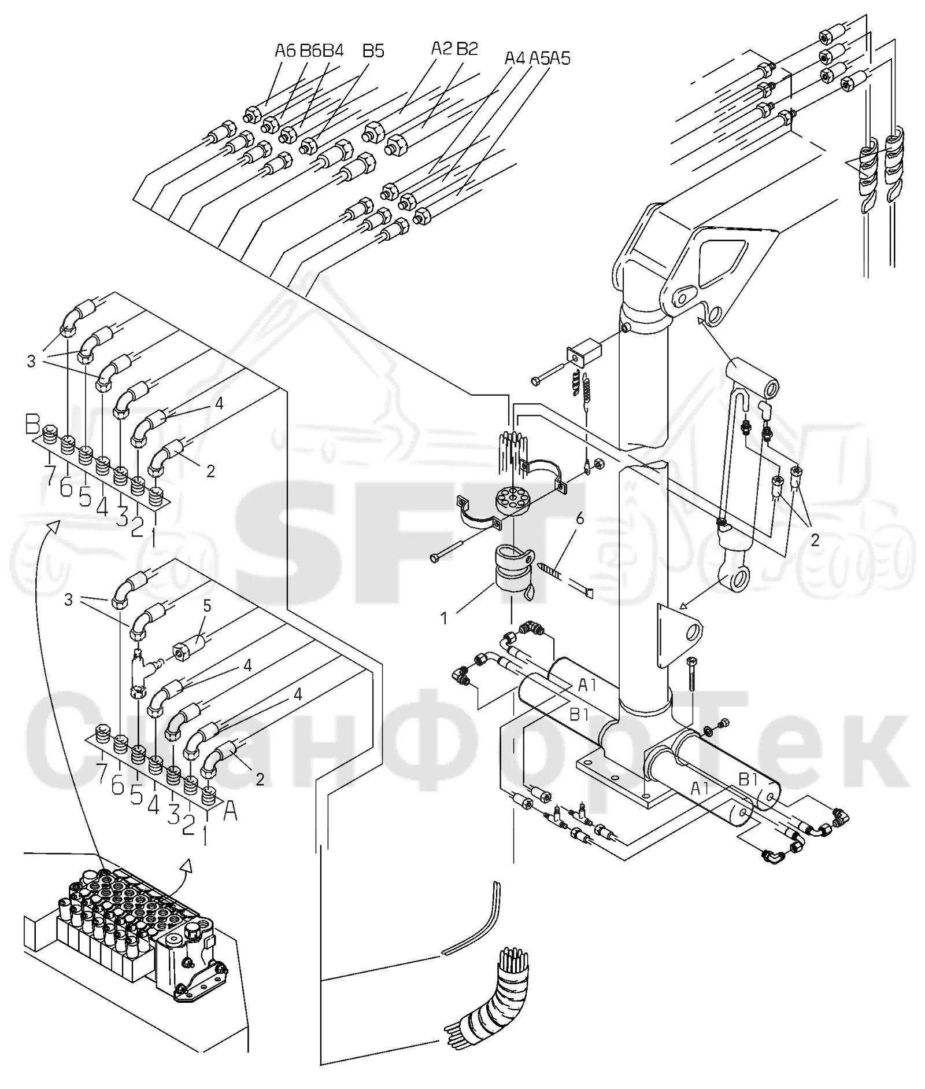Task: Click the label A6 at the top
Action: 285,51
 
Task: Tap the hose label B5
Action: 373,51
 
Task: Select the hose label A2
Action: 442,49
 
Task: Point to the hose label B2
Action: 467,49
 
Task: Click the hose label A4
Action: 516,58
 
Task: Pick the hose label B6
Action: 310,51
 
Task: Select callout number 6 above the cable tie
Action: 580,518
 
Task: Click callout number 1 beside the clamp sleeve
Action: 444,619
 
